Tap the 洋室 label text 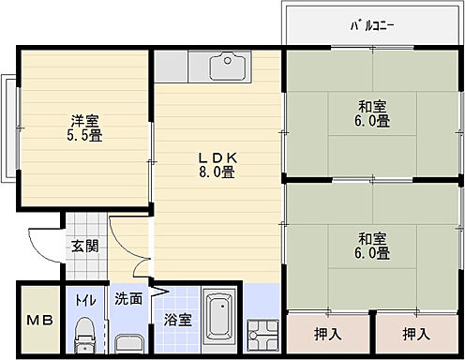(x=85, y=119)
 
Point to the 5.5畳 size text (x=85, y=137)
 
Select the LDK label (x=216, y=157)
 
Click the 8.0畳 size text (x=216, y=173)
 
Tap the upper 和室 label (x=372, y=106)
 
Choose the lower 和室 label (x=372, y=236)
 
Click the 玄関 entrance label (x=83, y=247)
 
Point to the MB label (x=37, y=321)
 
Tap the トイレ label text (x=83, y=300)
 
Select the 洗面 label (x=129, y=300)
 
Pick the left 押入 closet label (x=326, y=333)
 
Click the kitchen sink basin (x=225, y=67)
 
